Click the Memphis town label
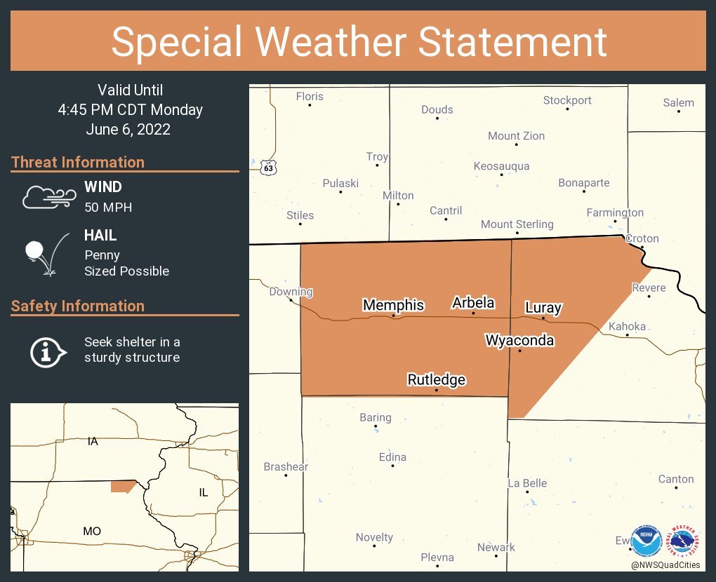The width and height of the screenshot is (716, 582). [393, 305]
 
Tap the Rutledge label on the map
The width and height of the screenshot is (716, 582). [437, 380]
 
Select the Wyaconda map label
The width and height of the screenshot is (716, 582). [519, 341]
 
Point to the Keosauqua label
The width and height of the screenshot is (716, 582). [501, 166]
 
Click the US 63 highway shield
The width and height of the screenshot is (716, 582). [268, 168]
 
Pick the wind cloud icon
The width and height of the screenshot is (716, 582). [48, 197]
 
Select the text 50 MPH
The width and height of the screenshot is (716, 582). [108, 207]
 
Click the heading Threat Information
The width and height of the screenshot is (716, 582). [78, 163]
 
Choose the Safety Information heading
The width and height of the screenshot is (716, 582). [78, 306]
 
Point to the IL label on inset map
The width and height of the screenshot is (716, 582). [204, 492]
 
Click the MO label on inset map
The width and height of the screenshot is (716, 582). [92, 532]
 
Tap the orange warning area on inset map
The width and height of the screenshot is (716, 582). [123, 486]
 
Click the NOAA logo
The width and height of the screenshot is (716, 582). [646, 541]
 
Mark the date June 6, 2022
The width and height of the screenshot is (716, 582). [128, 129]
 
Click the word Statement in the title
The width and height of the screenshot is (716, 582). [513, 41]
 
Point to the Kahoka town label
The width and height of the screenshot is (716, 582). [627, 326]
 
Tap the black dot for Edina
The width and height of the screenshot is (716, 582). [393, 466]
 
